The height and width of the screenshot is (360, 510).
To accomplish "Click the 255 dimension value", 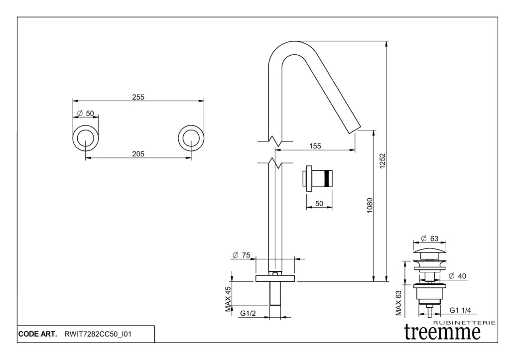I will click(138, 98).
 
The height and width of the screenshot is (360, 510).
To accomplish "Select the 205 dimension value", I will click(138, 154).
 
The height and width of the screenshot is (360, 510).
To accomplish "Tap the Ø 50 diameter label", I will click(85, 114).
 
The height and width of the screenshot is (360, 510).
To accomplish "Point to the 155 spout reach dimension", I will click(315, 146).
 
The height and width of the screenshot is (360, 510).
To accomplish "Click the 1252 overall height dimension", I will click(383, 161).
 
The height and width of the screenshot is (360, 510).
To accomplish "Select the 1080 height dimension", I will click(370, 206).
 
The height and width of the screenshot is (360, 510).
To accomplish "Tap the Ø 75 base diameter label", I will click(241, 255).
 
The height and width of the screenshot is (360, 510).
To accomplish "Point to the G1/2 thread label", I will click(248, 314).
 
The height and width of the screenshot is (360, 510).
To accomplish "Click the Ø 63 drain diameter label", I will click(430, 239).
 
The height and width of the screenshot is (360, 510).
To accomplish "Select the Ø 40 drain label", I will click(457, 276).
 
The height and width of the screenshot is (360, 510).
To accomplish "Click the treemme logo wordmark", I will click(442, 331).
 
